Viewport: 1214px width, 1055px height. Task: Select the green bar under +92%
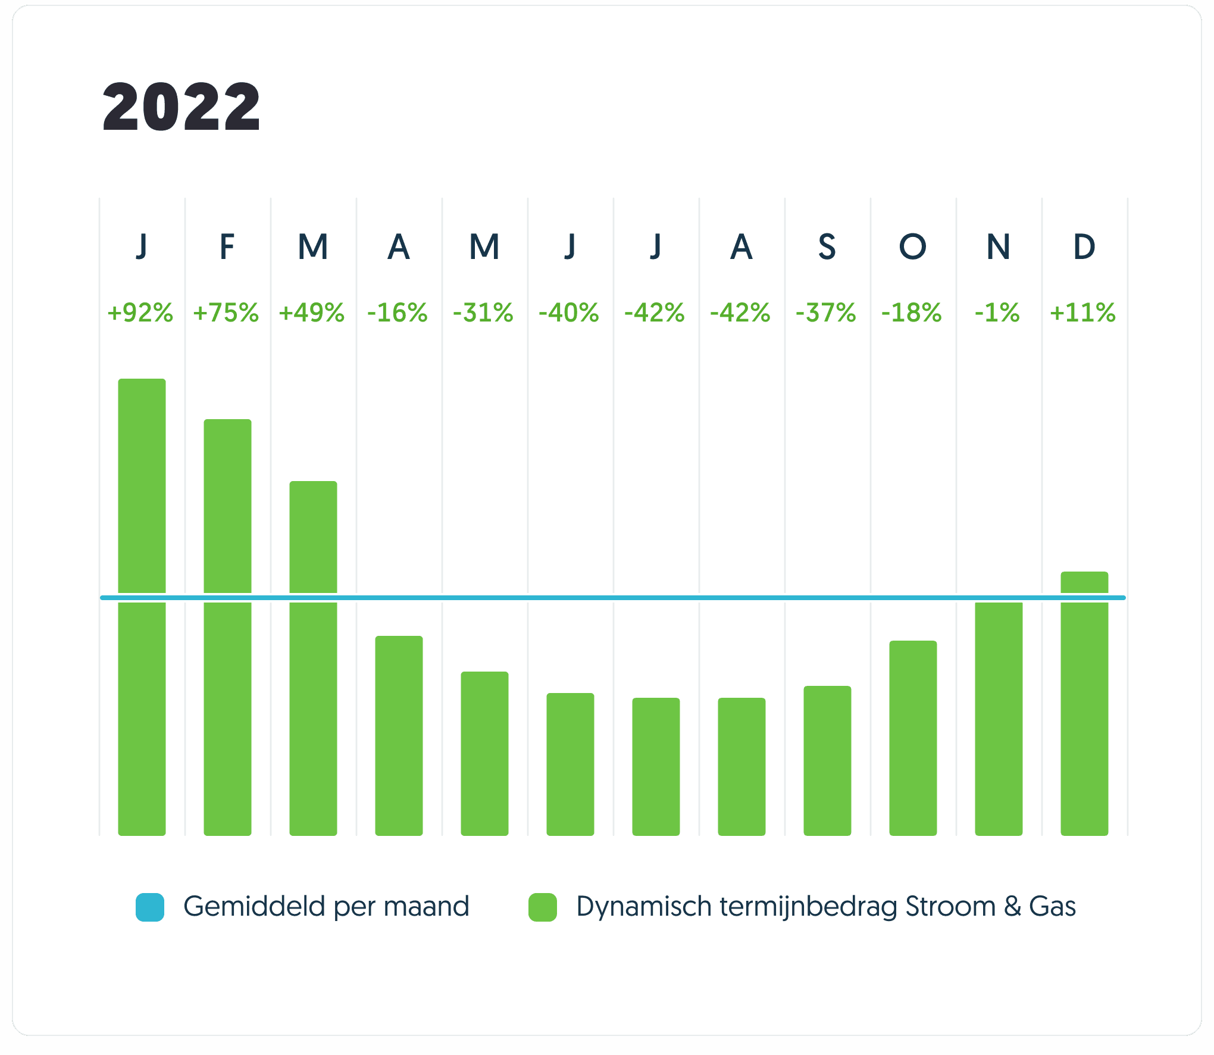(142, 607)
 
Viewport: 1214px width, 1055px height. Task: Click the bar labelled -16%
(399, 735)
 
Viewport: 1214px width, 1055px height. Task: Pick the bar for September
(827, 760)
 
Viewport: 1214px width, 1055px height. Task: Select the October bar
(913, 738)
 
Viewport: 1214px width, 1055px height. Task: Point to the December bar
(1084, 703)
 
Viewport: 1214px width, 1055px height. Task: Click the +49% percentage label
(312, 313)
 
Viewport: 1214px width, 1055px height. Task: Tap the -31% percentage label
(483, 313)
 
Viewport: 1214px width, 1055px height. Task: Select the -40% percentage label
(569, 313)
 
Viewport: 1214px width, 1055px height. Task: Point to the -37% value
(826, 313)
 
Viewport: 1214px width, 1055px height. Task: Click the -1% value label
(997, 313)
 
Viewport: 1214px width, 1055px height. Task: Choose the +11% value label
(1083, 313)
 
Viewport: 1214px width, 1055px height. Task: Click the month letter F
(227, 246)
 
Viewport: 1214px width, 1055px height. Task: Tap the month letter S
(827, 246)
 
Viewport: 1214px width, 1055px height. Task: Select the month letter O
(912, 246)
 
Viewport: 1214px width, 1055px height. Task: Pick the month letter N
(998, 246)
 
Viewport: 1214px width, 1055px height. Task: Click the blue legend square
(150, 907)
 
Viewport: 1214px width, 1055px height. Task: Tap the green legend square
(543, 907)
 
